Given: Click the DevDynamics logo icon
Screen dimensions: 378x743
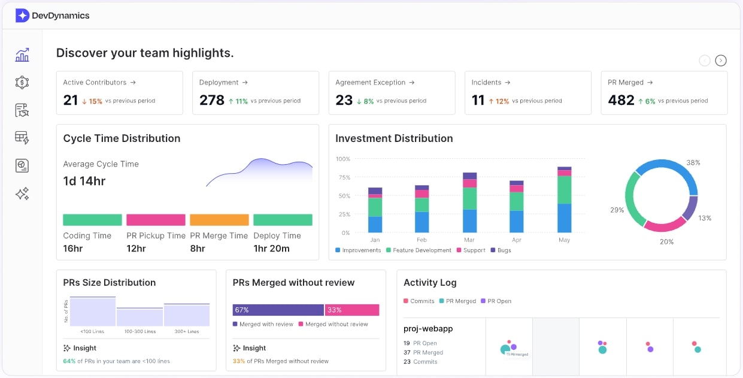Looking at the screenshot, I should pos(22,16).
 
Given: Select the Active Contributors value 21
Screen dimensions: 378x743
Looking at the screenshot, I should pos(71,100).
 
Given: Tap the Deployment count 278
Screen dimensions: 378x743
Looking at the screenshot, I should pos(212,100).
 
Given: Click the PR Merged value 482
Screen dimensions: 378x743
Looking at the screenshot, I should pos(621,100).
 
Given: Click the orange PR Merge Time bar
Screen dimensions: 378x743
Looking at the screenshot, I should pos(219,220).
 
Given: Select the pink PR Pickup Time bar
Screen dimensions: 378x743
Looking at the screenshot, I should pos(156,220).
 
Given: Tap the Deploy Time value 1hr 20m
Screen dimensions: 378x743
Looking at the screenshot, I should pos(271,249).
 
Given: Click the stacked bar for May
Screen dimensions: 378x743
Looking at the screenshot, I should pos(564,201).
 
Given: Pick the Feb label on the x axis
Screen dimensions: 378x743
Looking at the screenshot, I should pos(422,240).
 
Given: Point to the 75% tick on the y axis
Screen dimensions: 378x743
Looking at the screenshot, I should pos(343,177).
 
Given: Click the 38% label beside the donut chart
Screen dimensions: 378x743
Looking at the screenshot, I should pos(693,163).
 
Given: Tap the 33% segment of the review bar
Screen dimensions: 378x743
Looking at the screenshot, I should pos(352,310).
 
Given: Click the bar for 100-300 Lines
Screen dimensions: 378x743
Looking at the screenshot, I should pos(139,317).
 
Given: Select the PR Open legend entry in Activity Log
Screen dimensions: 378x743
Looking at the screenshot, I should pos(496,301).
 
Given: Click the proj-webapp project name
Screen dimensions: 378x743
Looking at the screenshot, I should pos(428,329).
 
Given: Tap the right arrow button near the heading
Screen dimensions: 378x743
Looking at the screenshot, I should pos(721,60).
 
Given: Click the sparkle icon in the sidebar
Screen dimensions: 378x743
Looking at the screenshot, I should pos(22,193).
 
